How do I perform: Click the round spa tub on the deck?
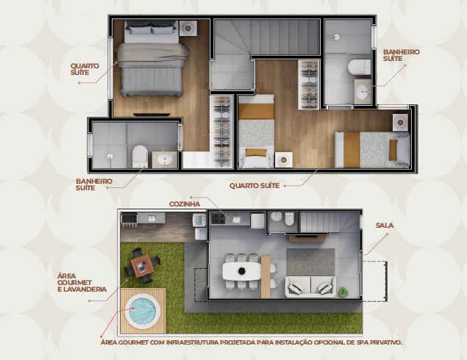click(x=140, y=312)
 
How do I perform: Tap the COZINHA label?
click(x=185, y=204)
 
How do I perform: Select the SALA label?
click(x=384, y=226)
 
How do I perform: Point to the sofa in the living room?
click(x=310, y=287)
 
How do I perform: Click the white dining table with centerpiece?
click(x=241, y=271)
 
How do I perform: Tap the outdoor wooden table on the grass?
click(x=143, y=266)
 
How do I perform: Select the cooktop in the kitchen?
click(x=218, y=219)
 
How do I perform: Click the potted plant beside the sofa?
click(x=343, y=292)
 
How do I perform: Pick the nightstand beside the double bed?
click(x=188, y=28)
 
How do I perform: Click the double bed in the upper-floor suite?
click(x=152, y=59)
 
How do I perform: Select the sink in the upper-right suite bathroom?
click(x=363, y=91)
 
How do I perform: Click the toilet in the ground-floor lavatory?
click(x=289, y=219)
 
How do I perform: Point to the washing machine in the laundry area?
click(x=199, y=220)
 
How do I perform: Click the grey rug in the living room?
click(x=310, y=262)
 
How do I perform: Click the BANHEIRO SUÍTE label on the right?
click(x=402, y=55)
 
